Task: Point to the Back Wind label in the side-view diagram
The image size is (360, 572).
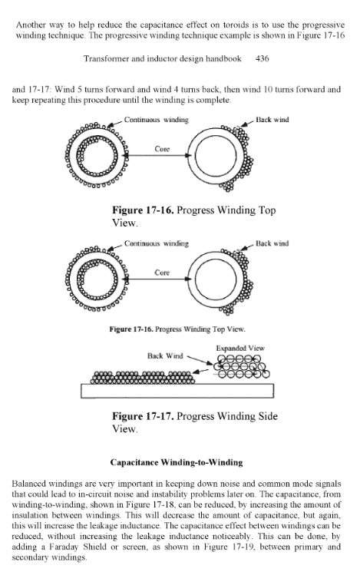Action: click(163, 356)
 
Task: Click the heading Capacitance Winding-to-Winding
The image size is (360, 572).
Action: click(179, 464)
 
